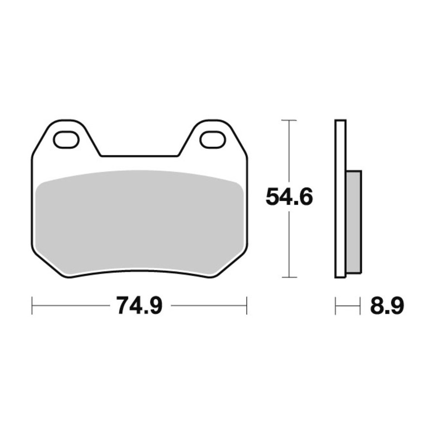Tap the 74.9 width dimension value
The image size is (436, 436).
tap(139, 306)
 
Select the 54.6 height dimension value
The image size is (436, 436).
tap(289, 196)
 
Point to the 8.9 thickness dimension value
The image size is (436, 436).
tap(387, 306)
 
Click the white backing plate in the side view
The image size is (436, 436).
tap(341, 199)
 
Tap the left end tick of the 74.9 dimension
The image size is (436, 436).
tap(32, 306)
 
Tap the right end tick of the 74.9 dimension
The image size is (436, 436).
tap(247, 306)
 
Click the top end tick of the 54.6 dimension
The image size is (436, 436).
tap(289, 120)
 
